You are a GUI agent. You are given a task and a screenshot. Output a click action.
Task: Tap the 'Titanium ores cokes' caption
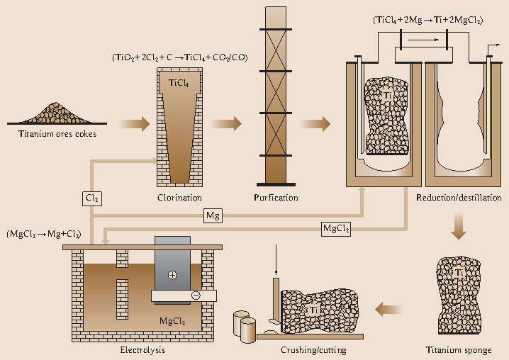click(x=58, y=133)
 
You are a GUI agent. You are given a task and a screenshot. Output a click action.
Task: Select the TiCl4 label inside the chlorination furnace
click(x=179, y=84)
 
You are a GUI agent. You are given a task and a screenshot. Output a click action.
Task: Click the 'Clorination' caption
click(x=179, y=198)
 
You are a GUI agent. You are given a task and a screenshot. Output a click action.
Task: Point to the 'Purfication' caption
click(x=276, y=198)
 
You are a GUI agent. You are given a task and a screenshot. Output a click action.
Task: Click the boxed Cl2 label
click(x=91, y=198)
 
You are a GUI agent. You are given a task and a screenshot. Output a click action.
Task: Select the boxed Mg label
click(x=212, y=214)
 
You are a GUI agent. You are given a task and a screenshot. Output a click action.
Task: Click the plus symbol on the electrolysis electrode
click(x=172, y=274)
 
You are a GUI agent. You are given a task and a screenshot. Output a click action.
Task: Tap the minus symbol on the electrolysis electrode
click(x=196, y=296)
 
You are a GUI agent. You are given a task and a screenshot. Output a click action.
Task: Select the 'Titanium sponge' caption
click(x=457, y=349)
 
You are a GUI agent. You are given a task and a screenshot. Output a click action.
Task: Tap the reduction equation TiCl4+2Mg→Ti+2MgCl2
click(x=427, y=21)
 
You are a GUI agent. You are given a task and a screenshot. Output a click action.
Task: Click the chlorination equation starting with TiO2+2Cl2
click(x=179, y=57)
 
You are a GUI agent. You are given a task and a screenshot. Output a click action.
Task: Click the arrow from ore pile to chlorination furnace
click(x=135, y=124)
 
